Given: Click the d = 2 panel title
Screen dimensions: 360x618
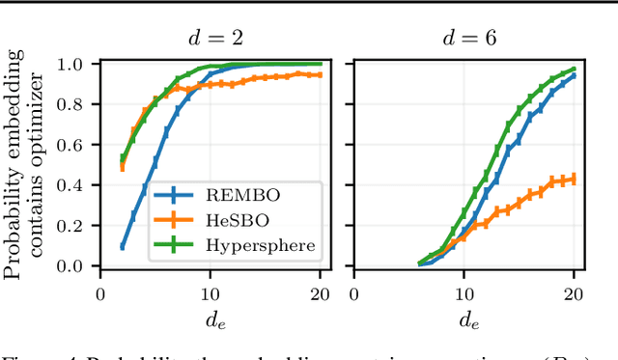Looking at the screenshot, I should point(215,39).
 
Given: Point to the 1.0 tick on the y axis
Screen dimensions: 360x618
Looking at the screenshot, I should point(75,65).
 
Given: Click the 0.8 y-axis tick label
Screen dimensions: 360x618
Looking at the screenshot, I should point(75,104).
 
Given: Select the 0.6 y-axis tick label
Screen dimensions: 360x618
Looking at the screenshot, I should point(75,145).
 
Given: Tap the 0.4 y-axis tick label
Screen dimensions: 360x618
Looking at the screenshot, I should point(75,185).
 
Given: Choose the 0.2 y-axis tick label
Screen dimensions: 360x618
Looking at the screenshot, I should point(75,226).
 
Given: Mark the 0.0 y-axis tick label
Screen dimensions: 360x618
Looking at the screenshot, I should point(75,266).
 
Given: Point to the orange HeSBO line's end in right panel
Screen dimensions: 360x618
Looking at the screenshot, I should point(575,178).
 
